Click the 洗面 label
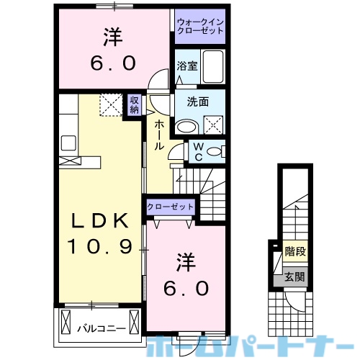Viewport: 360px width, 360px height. tap(199, 102)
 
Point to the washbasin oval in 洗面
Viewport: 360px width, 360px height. tap(186, 127)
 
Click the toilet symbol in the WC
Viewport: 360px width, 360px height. tap(219, 151)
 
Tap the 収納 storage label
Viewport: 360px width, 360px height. tap(135, 105)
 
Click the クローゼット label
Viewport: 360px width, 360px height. tap(171, 207)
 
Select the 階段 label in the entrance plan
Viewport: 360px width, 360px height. tap(293, 252)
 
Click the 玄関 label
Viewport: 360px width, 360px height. tap(293, 276)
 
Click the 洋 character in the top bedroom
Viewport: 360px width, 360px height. tap(112, 35)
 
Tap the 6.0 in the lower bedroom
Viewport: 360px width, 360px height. tap(184, 288)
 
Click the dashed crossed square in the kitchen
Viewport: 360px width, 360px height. tap(111, 106)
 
